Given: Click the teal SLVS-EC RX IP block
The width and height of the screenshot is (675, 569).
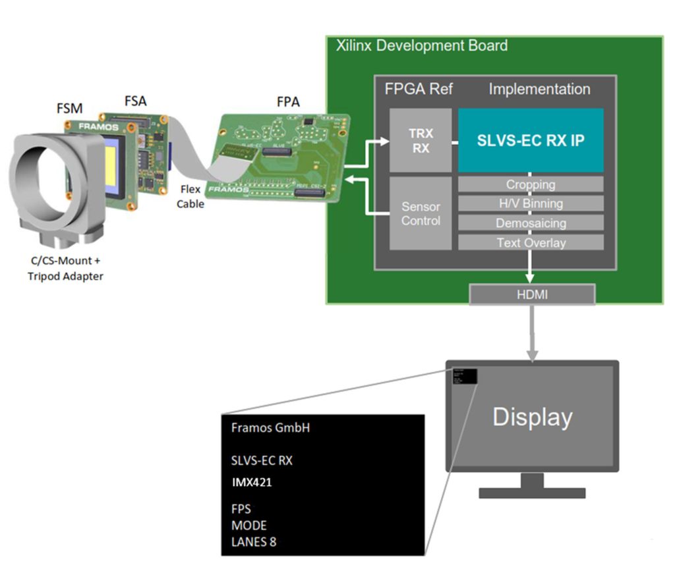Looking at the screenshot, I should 531,140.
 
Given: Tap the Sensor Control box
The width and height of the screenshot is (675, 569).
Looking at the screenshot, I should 421,213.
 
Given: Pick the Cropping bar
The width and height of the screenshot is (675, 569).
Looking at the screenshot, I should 531,184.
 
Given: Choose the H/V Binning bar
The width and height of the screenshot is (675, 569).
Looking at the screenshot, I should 531,203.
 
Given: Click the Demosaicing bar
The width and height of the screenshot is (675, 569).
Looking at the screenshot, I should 531,223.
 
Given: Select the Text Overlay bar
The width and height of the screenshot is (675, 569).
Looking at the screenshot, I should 531,242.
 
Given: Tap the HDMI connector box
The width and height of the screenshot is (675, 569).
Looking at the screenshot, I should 532,294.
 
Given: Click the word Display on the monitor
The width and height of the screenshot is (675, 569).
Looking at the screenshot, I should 533,417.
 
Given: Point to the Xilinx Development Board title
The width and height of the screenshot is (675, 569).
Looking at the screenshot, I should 422,45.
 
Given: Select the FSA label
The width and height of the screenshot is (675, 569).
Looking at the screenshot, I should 136,101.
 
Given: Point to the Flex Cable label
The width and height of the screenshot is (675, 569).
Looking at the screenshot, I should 190,196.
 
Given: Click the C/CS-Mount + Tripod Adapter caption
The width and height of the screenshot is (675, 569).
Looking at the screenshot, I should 65,268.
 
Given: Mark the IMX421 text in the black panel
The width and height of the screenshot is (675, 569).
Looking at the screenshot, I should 252,483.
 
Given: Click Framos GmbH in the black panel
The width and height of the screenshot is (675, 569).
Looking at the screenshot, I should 270,427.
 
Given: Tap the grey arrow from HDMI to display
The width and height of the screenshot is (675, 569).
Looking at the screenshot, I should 532,333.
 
